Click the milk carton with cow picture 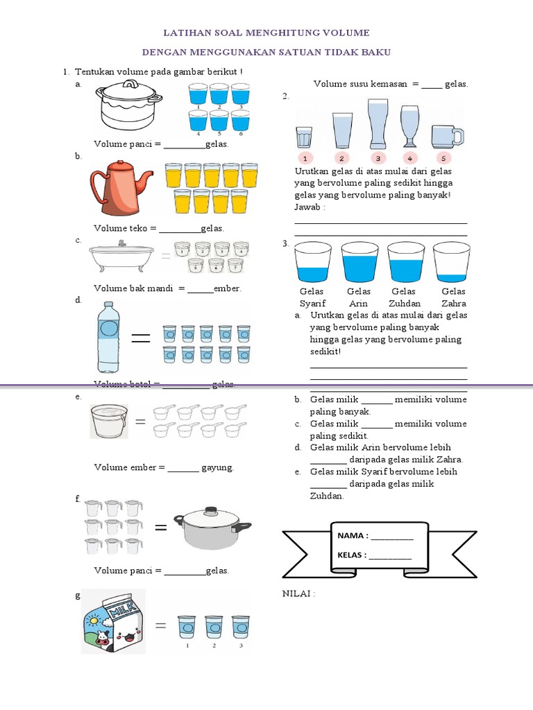pyautogui.click(x=113, y=622)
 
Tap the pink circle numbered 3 pyautogui.click(x=378, y=157)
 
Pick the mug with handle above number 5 pyautogui.click(x=446, y=135)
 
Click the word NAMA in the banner pyautogui.click(x=352, y=536)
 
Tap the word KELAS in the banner pyautogui.click(x=351, y=555)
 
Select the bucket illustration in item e pyautogui.click(x=109, y=422)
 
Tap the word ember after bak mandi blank pyautogui.click(x=227, y=288)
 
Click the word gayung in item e pyautogui.click(x=217, y=467)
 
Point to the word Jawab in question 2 pyautogui.click(x=310, y=207)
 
